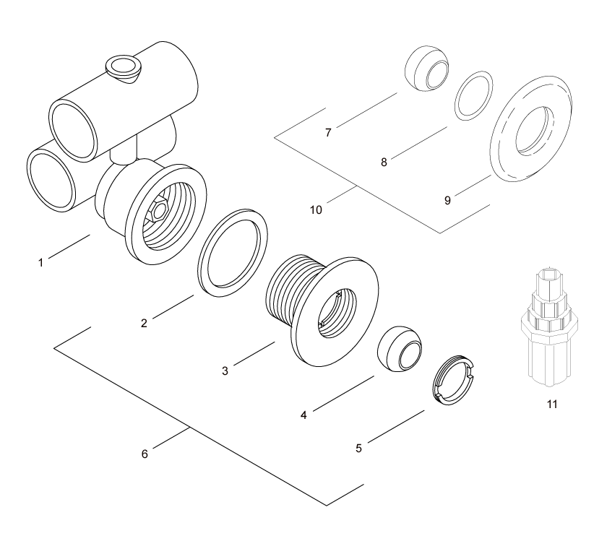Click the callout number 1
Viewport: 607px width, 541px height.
coord(41,262)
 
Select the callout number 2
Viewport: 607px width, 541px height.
coord(144,323)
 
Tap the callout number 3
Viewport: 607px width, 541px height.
coord(225,371)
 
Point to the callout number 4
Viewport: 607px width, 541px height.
coord(303,415)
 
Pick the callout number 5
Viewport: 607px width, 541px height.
coord(359,448)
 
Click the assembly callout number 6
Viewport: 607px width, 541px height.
coord(145,454)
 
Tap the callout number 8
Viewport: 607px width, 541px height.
coord(384,163)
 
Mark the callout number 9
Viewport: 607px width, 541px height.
coord(447,200)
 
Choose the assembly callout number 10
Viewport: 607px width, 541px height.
coord(316,210)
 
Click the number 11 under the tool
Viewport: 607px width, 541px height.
coord(552,404)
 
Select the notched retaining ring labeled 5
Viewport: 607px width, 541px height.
coord(452,379)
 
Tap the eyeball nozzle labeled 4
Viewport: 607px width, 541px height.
coord(400,352)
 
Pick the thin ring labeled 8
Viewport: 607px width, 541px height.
coord(475,95)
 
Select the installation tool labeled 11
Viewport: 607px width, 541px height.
coord(552,325)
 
